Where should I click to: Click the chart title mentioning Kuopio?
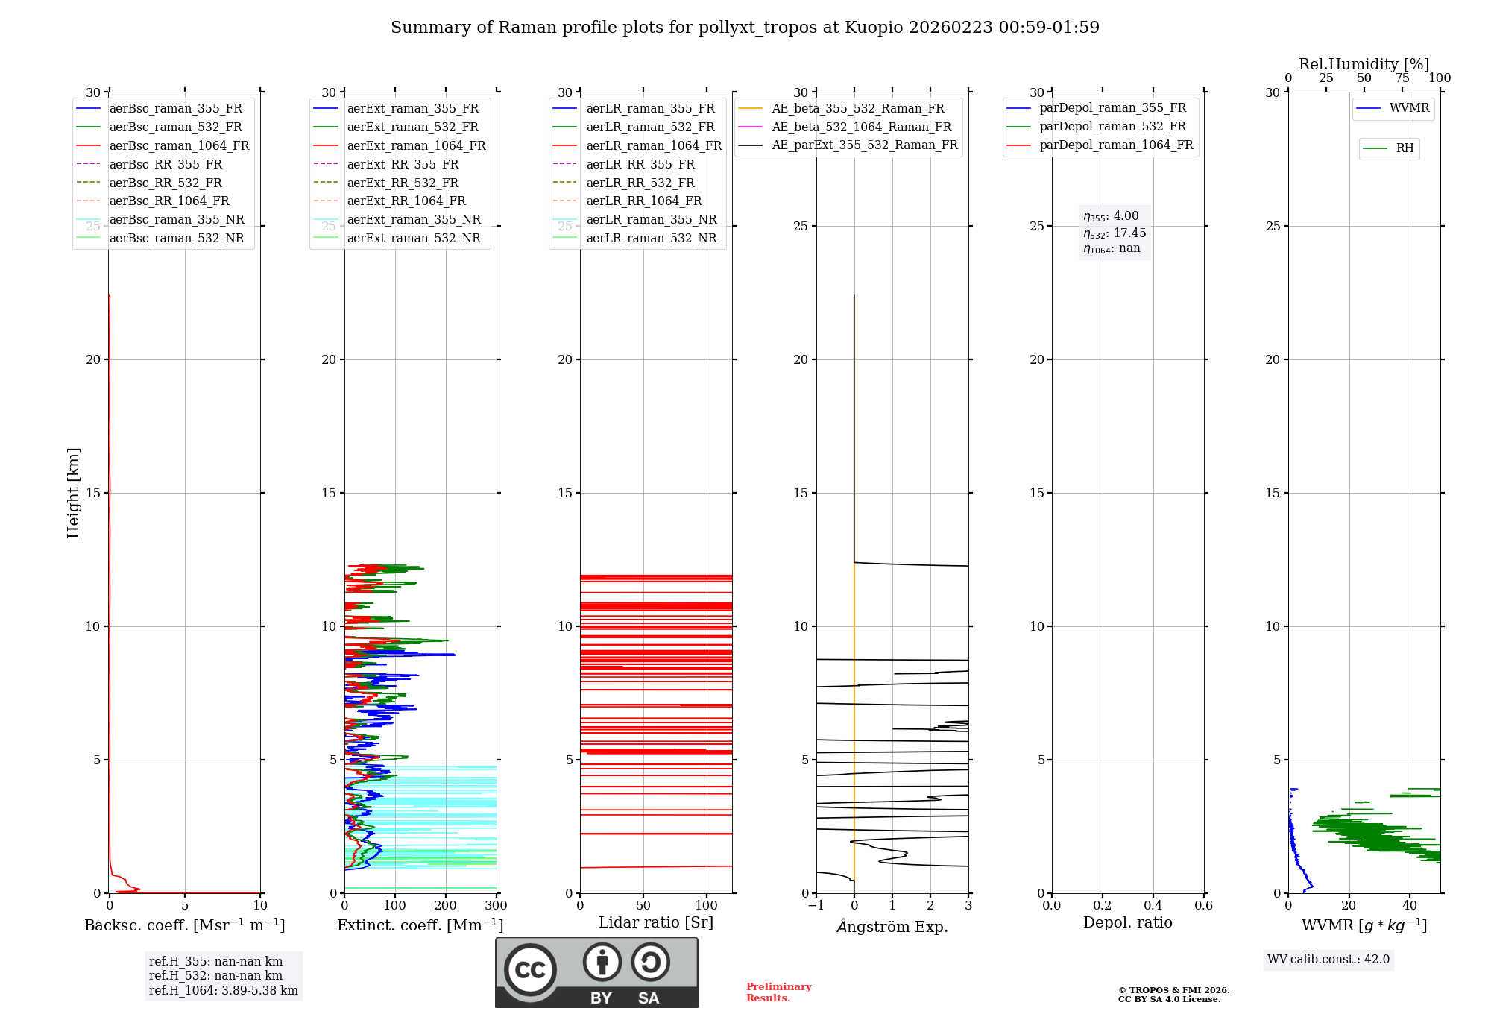(745, 28)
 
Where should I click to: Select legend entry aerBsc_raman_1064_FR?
(179, 145)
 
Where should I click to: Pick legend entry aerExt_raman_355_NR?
(414, 219)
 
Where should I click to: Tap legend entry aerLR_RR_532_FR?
(640, 183)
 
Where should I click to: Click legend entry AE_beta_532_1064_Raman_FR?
(861, 127)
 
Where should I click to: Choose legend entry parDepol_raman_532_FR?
(1112, 127)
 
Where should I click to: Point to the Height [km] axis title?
(73, 492)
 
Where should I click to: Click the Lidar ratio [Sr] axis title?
(656, 922)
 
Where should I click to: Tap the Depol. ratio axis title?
(1127, 922)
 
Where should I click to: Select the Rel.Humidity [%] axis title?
(1364, 64)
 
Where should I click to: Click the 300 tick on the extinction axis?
(496, 906)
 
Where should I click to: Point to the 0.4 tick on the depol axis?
(1153, 906)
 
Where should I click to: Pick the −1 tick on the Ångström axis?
(816, 906)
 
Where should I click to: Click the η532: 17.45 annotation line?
(1115, 233)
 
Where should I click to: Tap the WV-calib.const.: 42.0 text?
(1328, 959)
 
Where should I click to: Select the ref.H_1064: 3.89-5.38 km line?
(223, 990)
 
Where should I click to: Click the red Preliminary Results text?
(778, 992)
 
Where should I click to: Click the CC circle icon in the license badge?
(530, 969)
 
